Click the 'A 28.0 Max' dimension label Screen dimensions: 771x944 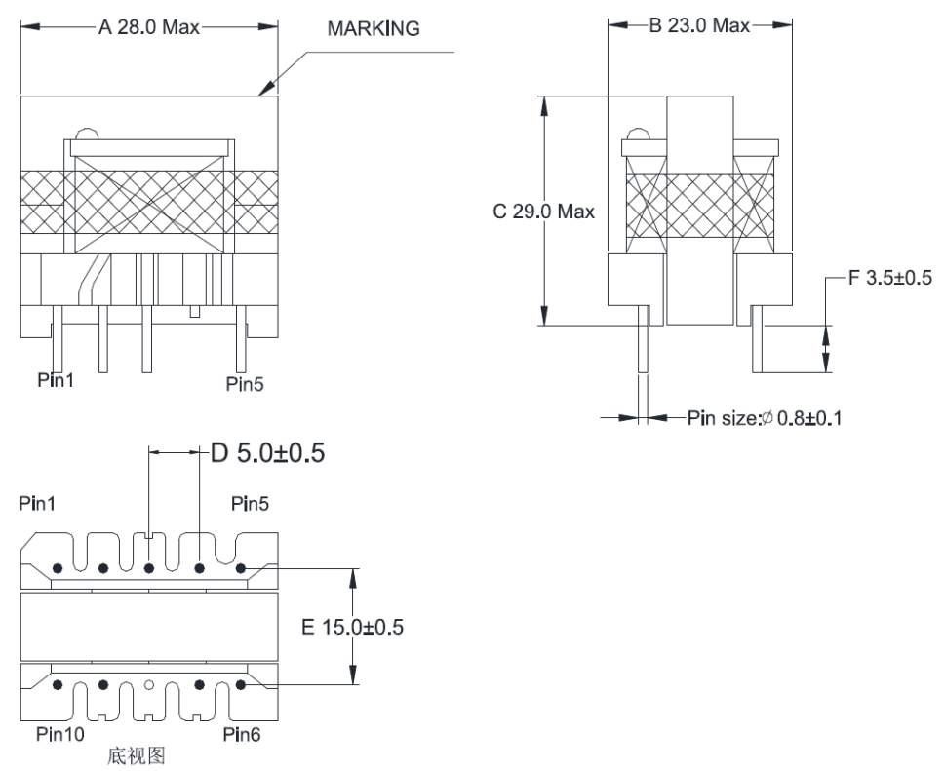148,27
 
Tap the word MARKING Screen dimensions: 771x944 374,29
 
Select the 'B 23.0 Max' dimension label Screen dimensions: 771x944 699,25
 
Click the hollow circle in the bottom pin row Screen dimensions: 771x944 149,685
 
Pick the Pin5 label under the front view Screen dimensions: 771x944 244,384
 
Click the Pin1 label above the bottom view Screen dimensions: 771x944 38,504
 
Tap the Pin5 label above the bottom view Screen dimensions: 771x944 251,504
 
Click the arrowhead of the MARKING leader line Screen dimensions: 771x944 261,94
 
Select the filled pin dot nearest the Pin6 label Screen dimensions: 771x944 240,685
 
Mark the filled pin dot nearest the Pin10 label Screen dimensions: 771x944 59,685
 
